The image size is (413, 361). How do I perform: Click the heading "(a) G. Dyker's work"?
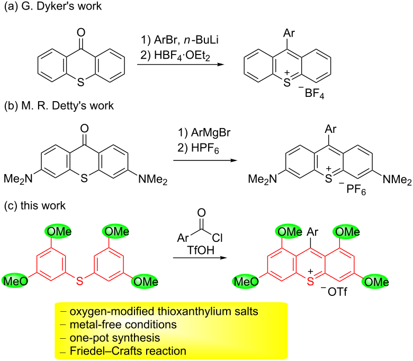click(x=53, y=6)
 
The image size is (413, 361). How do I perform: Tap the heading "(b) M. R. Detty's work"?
click(x=59, y=105)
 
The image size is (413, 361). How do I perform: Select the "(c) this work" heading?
click(x=35, y=205)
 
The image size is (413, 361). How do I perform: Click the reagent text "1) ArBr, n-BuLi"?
click(x=180, y=40)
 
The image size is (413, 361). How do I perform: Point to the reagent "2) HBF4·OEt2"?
click(x=175, y=55)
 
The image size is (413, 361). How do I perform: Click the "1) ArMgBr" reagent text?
click(x=204, y=132)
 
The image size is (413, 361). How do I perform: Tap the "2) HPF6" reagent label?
click(x=198, y=148)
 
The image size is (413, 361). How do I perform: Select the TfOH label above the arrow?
click(x=201, y=250)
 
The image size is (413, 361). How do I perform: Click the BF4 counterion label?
click(x=312, y=93)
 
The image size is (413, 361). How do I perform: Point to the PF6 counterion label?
click(x=353, y=189)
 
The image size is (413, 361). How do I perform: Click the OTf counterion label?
click(x=334, y=292)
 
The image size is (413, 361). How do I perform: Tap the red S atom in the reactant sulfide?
click(x=79, y=281)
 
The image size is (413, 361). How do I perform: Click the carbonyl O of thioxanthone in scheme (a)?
click(x=81, y=33)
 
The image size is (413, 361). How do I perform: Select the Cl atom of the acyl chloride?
click(x=217, y=238)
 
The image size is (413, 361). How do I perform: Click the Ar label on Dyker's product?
click(x=289, y=33)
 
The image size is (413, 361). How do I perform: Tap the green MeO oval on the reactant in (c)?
click(x=15, y=281)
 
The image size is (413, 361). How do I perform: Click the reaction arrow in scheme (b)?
click(x=205, y=160)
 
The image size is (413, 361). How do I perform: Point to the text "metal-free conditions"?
click(x=123, y=324)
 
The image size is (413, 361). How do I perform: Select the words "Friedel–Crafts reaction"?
click(x=128, y=351)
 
